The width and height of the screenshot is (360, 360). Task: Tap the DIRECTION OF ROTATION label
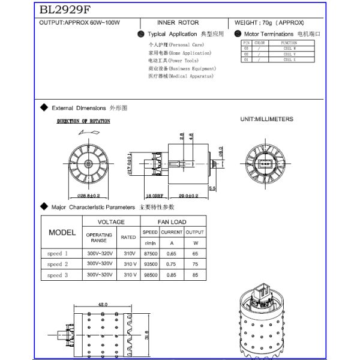pyautogui.click(x=83, y=121)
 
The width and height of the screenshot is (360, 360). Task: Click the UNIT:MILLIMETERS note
pyautogui.click(x=266, y=119)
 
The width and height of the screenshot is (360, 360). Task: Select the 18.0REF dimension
pyautogui.click(x=154, y=196)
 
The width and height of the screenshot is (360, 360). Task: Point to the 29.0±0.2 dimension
pyautogui.click(x=188, y=196)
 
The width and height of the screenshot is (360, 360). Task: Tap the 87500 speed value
pyautogui.click(x=150, y=254)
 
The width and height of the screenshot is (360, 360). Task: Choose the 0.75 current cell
pyautogui.click(x=171, y=264)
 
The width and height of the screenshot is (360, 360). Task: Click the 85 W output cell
pyautogui.click(x=195, y=275)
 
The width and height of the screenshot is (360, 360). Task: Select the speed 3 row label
pyautogui.click(x=58, y=275)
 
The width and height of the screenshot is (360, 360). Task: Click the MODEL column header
pyautogui.click(x=62, y=232)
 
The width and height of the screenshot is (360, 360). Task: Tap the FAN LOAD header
pyautogui.click(x=172, y=221)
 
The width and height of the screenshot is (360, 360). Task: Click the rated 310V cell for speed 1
pyautogui.click(x=128, y=254)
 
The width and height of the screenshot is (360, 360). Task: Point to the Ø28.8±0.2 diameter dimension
pyautogui.click(x=89, y=196)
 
